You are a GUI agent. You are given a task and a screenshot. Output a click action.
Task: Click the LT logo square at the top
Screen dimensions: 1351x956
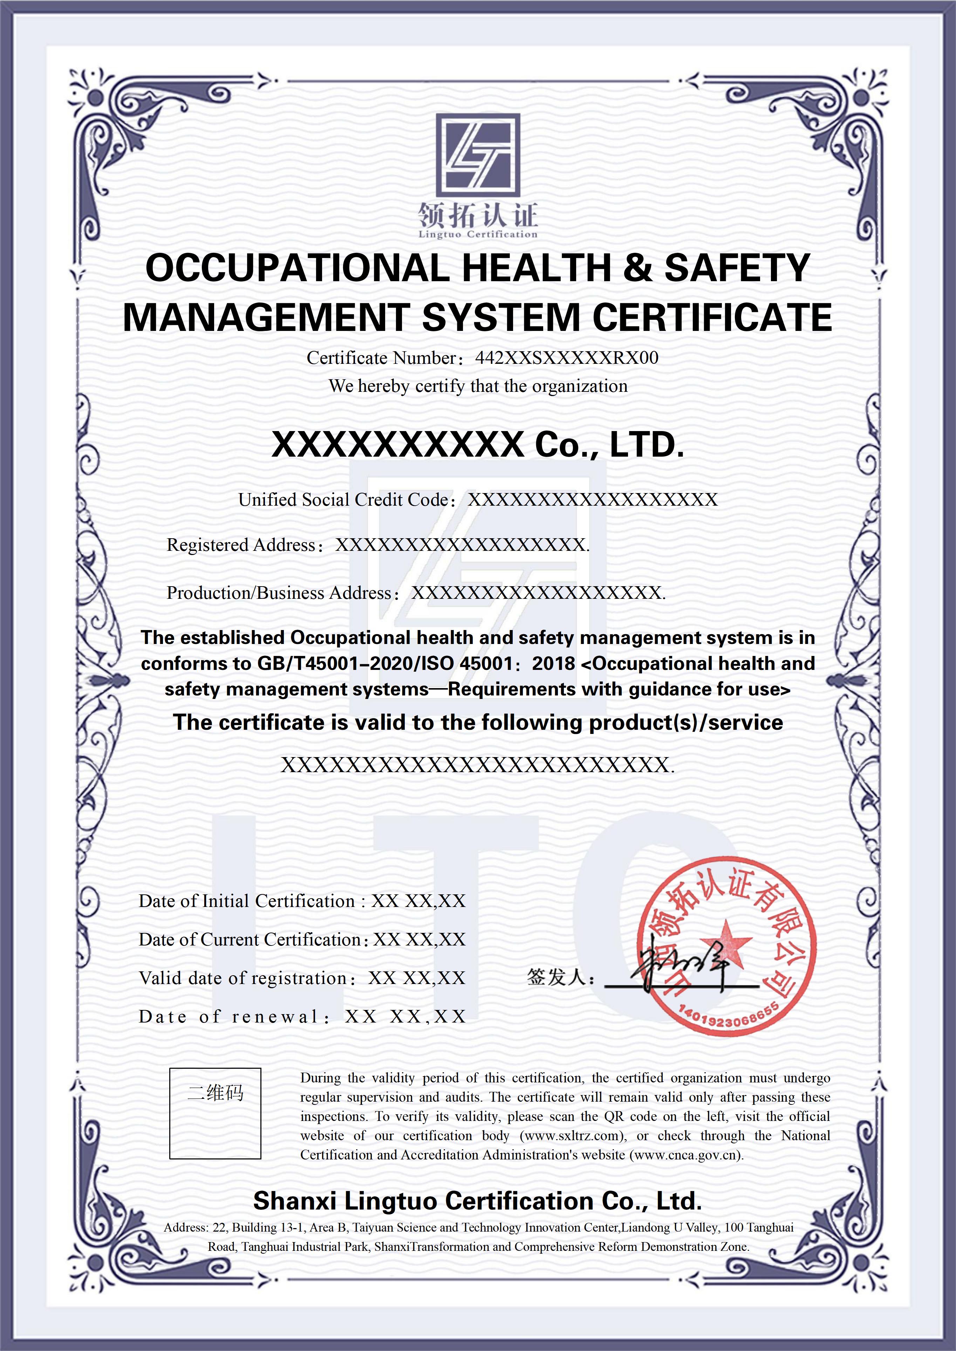[478, 155]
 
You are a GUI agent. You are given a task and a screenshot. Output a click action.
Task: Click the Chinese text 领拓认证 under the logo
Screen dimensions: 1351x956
[478, 215]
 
